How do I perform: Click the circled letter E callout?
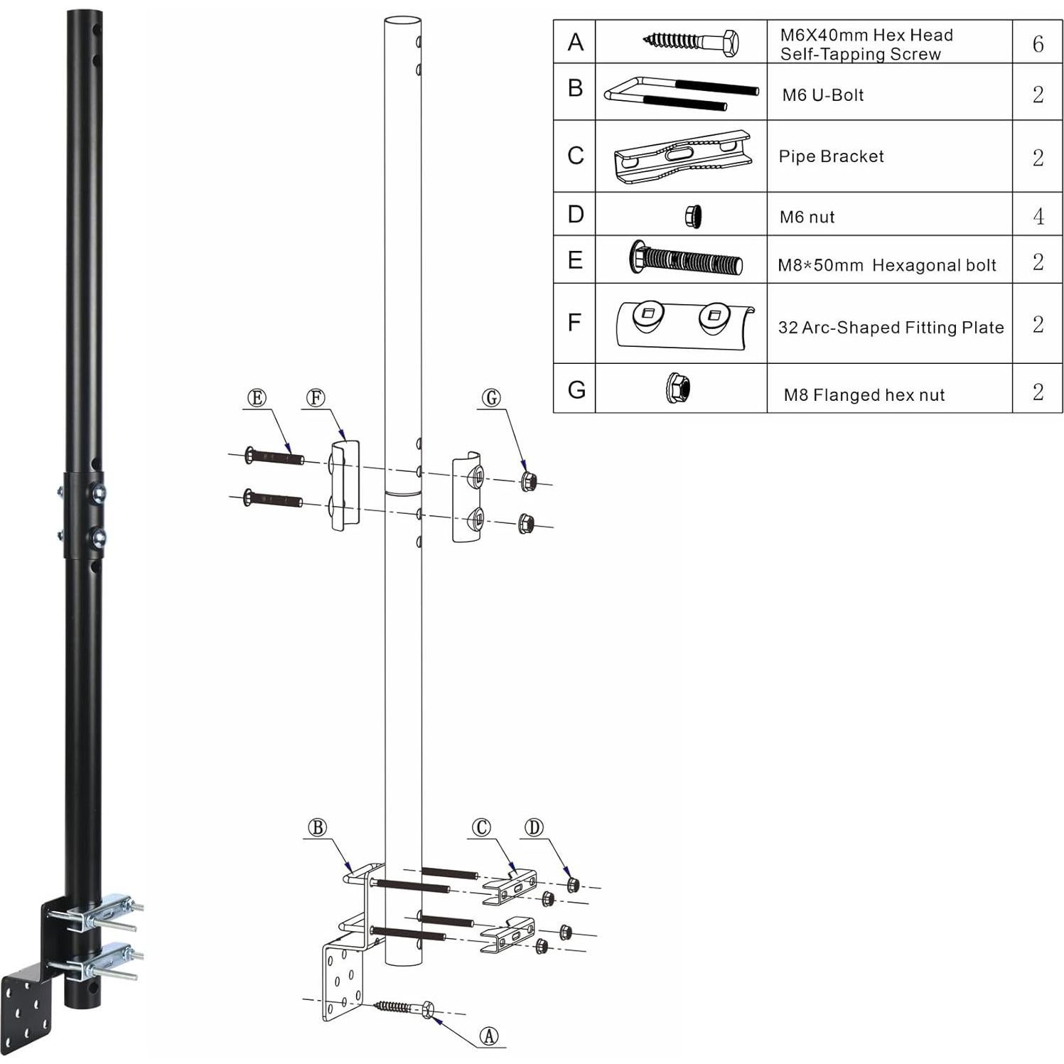point(257,398)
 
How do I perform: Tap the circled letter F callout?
point(316,398)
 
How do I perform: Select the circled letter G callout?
point(491,398)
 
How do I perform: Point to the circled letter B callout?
point(317,828)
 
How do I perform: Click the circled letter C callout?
point(481,827)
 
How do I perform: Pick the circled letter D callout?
point(534,827)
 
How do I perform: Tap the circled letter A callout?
point(489,1036)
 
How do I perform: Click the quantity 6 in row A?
point(1038,44)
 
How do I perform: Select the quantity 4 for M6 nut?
point(1038,216)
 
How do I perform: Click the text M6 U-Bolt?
point(822,95)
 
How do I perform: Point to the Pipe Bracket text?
point(831,156)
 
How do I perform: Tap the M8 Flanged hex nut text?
point(864,395)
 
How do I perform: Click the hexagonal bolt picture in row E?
point(686,259)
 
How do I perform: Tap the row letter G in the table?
point(576,389)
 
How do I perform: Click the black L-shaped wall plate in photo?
point(27,1011)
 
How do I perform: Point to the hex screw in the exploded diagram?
point(404,1007)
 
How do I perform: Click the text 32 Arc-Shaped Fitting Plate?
point(891,328)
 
